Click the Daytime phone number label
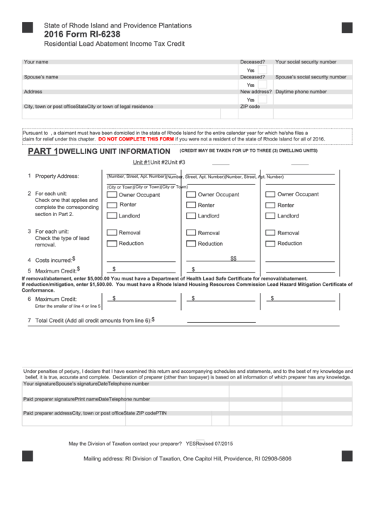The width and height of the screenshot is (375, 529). tap(301, 92)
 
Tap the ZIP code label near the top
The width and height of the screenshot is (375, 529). tap(250, 107)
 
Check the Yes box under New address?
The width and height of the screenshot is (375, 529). tap(261, 100)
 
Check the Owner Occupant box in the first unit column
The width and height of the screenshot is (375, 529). tap(111, 194)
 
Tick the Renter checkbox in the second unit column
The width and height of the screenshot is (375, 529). tap(190, 205)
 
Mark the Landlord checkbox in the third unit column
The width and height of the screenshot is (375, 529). tap(270, 215)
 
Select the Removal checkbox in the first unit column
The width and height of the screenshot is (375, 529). tap(111, 232)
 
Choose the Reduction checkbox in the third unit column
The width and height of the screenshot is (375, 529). tap(270, 243)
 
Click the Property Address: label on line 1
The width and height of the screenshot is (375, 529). tap(57, 176)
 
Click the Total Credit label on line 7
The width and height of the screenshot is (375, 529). tap(88, 321)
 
